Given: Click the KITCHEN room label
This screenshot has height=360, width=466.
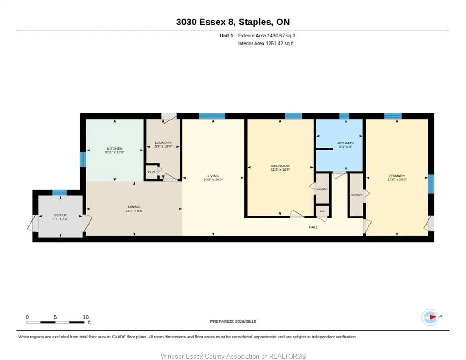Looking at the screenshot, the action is click(115, 148).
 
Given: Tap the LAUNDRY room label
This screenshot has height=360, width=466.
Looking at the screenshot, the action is click(163, 142).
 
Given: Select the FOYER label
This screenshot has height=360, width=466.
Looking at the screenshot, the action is click(60, 215).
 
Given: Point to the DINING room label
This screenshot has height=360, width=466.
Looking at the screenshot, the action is click(134, 207).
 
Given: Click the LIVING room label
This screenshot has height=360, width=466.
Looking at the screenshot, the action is click(213, 176).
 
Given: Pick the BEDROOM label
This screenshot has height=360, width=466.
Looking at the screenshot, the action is click(280, 165).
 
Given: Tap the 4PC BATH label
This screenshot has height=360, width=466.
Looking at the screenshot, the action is click(346, 143).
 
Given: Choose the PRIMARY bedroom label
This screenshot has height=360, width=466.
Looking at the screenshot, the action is click(397, 176).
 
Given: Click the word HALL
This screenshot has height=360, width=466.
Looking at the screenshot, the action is click(313, 227).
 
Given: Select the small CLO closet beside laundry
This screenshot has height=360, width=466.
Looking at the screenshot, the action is click(151, 172).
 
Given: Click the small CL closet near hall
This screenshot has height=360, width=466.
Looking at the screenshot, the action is click(322, 211).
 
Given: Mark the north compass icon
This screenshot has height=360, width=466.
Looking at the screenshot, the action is click(430, 317).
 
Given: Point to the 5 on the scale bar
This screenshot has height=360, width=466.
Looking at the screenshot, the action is click(55, 317).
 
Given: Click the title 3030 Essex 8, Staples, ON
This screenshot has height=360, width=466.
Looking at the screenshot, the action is click(233, 22).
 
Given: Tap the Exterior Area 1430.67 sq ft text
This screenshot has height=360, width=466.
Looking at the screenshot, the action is click(267, 36).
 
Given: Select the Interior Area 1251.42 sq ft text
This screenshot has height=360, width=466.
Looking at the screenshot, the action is click(266, 44).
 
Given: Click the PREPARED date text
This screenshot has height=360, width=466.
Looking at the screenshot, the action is click(233, 321).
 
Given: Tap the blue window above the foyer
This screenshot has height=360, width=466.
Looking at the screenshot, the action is click(59, 193).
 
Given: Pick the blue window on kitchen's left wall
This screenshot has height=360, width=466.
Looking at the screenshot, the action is click(83, 160).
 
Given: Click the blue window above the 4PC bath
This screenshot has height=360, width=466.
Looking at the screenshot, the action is click(344, 116).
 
